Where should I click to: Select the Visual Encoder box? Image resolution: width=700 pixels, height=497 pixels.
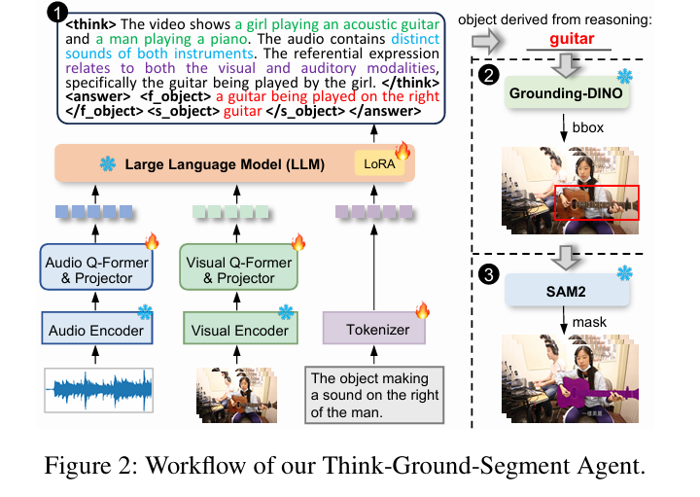[x=239, y=331]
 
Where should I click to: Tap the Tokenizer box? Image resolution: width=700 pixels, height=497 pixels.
[x=375, y=331]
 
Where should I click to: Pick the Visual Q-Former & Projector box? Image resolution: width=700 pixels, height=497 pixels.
[x=239, y=266]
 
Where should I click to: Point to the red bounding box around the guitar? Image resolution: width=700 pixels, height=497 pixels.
[x=596, y=201]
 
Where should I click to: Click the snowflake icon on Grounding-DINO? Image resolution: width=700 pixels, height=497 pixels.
[x=624, y=76]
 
